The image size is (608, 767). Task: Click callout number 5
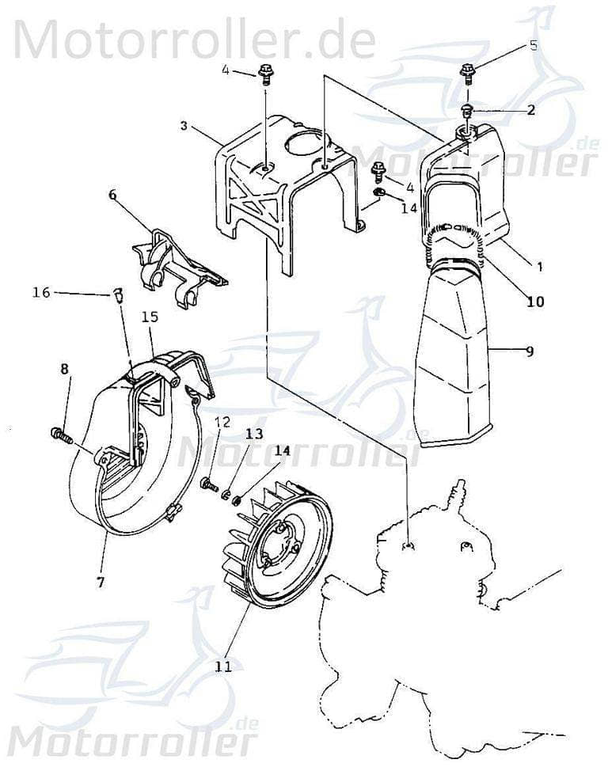click(534, 45)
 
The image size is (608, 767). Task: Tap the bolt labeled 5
click(468, 74)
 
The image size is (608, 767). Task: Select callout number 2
click(530, 109)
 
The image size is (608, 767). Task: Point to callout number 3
click(183, 126)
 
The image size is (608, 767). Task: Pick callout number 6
click(112, 196)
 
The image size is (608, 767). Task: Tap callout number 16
click(41, 292)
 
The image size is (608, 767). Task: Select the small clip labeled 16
click(117, 297)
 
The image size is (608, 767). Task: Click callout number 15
click(150, 317)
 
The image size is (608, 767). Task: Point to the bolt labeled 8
click(60, 434)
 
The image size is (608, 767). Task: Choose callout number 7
click(101, 582)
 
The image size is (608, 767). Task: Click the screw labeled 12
click(210, 484)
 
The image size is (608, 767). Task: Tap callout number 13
click(253, 434)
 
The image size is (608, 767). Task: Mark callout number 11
click(223, 666)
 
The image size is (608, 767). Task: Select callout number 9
click(530, 349)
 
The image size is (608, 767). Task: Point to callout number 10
click(536, 301)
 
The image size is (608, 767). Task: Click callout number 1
click(540, 267)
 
